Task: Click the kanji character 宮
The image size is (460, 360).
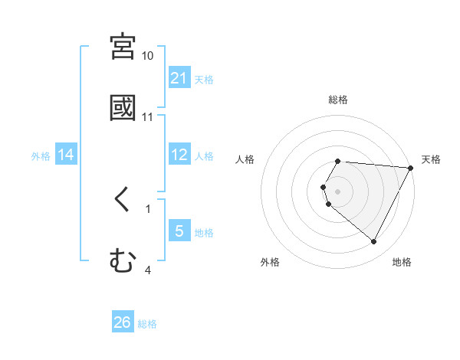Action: coord(123,47)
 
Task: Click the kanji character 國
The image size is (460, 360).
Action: coord(123,108)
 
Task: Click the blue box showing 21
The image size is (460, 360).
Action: coord(179,78)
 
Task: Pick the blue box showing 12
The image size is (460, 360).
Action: coord(179,155)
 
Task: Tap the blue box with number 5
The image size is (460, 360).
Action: coord(179,231)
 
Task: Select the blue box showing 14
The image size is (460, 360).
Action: coord(66,155)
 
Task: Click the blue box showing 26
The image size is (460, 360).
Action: coord(123,322)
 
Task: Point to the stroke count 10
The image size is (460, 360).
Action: coord(148,56)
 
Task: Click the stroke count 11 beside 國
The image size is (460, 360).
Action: coord(148,117)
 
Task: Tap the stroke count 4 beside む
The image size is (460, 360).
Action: coord(148,270)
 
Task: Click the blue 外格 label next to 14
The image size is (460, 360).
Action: coord(41,155)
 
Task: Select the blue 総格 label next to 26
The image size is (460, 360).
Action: coord(147,323)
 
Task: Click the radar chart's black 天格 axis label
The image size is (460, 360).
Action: coord(431,159)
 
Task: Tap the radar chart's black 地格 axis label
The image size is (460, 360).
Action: coord(402,263)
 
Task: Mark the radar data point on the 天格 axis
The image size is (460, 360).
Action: coord(411,167)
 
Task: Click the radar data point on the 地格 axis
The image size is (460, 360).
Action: coord(374,242)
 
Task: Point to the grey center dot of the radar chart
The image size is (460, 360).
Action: coord(337,191)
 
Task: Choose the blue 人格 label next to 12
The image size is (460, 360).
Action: coord(204,155)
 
